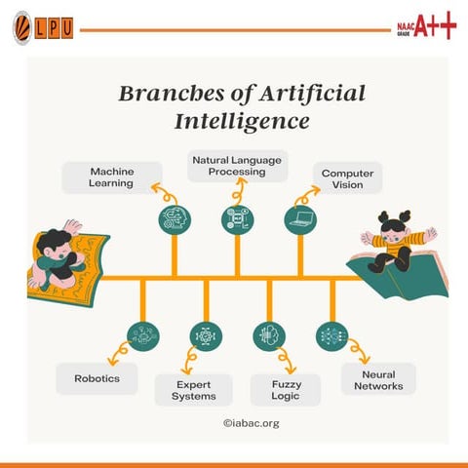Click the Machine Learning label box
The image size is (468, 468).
click(112, 177)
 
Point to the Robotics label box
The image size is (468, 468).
click(97, 377)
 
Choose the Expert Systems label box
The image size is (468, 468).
click(194, 390)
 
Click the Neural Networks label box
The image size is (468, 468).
click(378, 378)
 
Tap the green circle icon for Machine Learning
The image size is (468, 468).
click(175, 219)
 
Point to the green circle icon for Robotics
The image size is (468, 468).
click(142, 336)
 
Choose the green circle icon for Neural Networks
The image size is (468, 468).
click(331, 336)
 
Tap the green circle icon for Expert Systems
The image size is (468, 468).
click(205, 336)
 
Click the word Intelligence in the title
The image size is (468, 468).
click(242, 123)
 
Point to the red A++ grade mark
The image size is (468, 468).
click(434, 27)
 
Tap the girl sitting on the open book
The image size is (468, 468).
click(396, 244)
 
